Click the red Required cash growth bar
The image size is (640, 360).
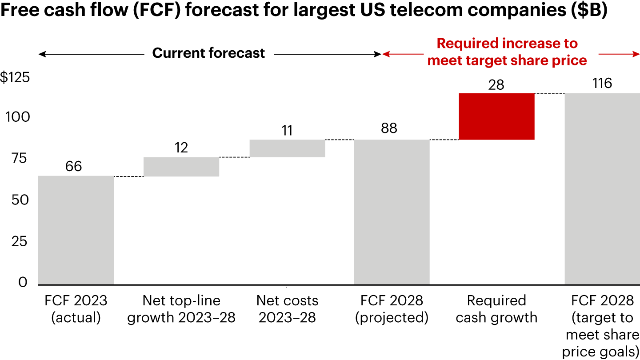pyautogui.click(x=496, y=116)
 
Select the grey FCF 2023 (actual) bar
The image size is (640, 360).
pyautogui.click(x=76, y=230)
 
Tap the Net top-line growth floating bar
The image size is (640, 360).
pyautogui.click(x=181, y=167)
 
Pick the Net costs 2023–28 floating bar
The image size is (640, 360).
pyautogui.click(x=288, y=148)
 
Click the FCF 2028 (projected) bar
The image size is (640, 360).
pyautogui.click(x=392, y=212)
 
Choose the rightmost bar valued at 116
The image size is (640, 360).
pyautogui.click(x=602, y=189)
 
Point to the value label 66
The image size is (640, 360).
pyautogui.click(x=73, y=166)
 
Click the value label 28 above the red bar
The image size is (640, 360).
pyautogui.click(x=496, y=85)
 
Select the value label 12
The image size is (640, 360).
pyautogui.click(x=181, y=148)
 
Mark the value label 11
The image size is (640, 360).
pyautogui.click(x=287, y=131)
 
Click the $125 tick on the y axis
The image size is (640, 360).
pyautogui.click(x=15, y=78)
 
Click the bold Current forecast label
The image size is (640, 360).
pyautogui.click(x=208, y=53)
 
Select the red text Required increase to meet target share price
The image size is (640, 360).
pyautogui.click(x=507, y=52)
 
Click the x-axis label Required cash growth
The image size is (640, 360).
pyautogui.click(x=496, y=309)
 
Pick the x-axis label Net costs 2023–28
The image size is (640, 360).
pyautogui.click(x=288, y=309)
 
